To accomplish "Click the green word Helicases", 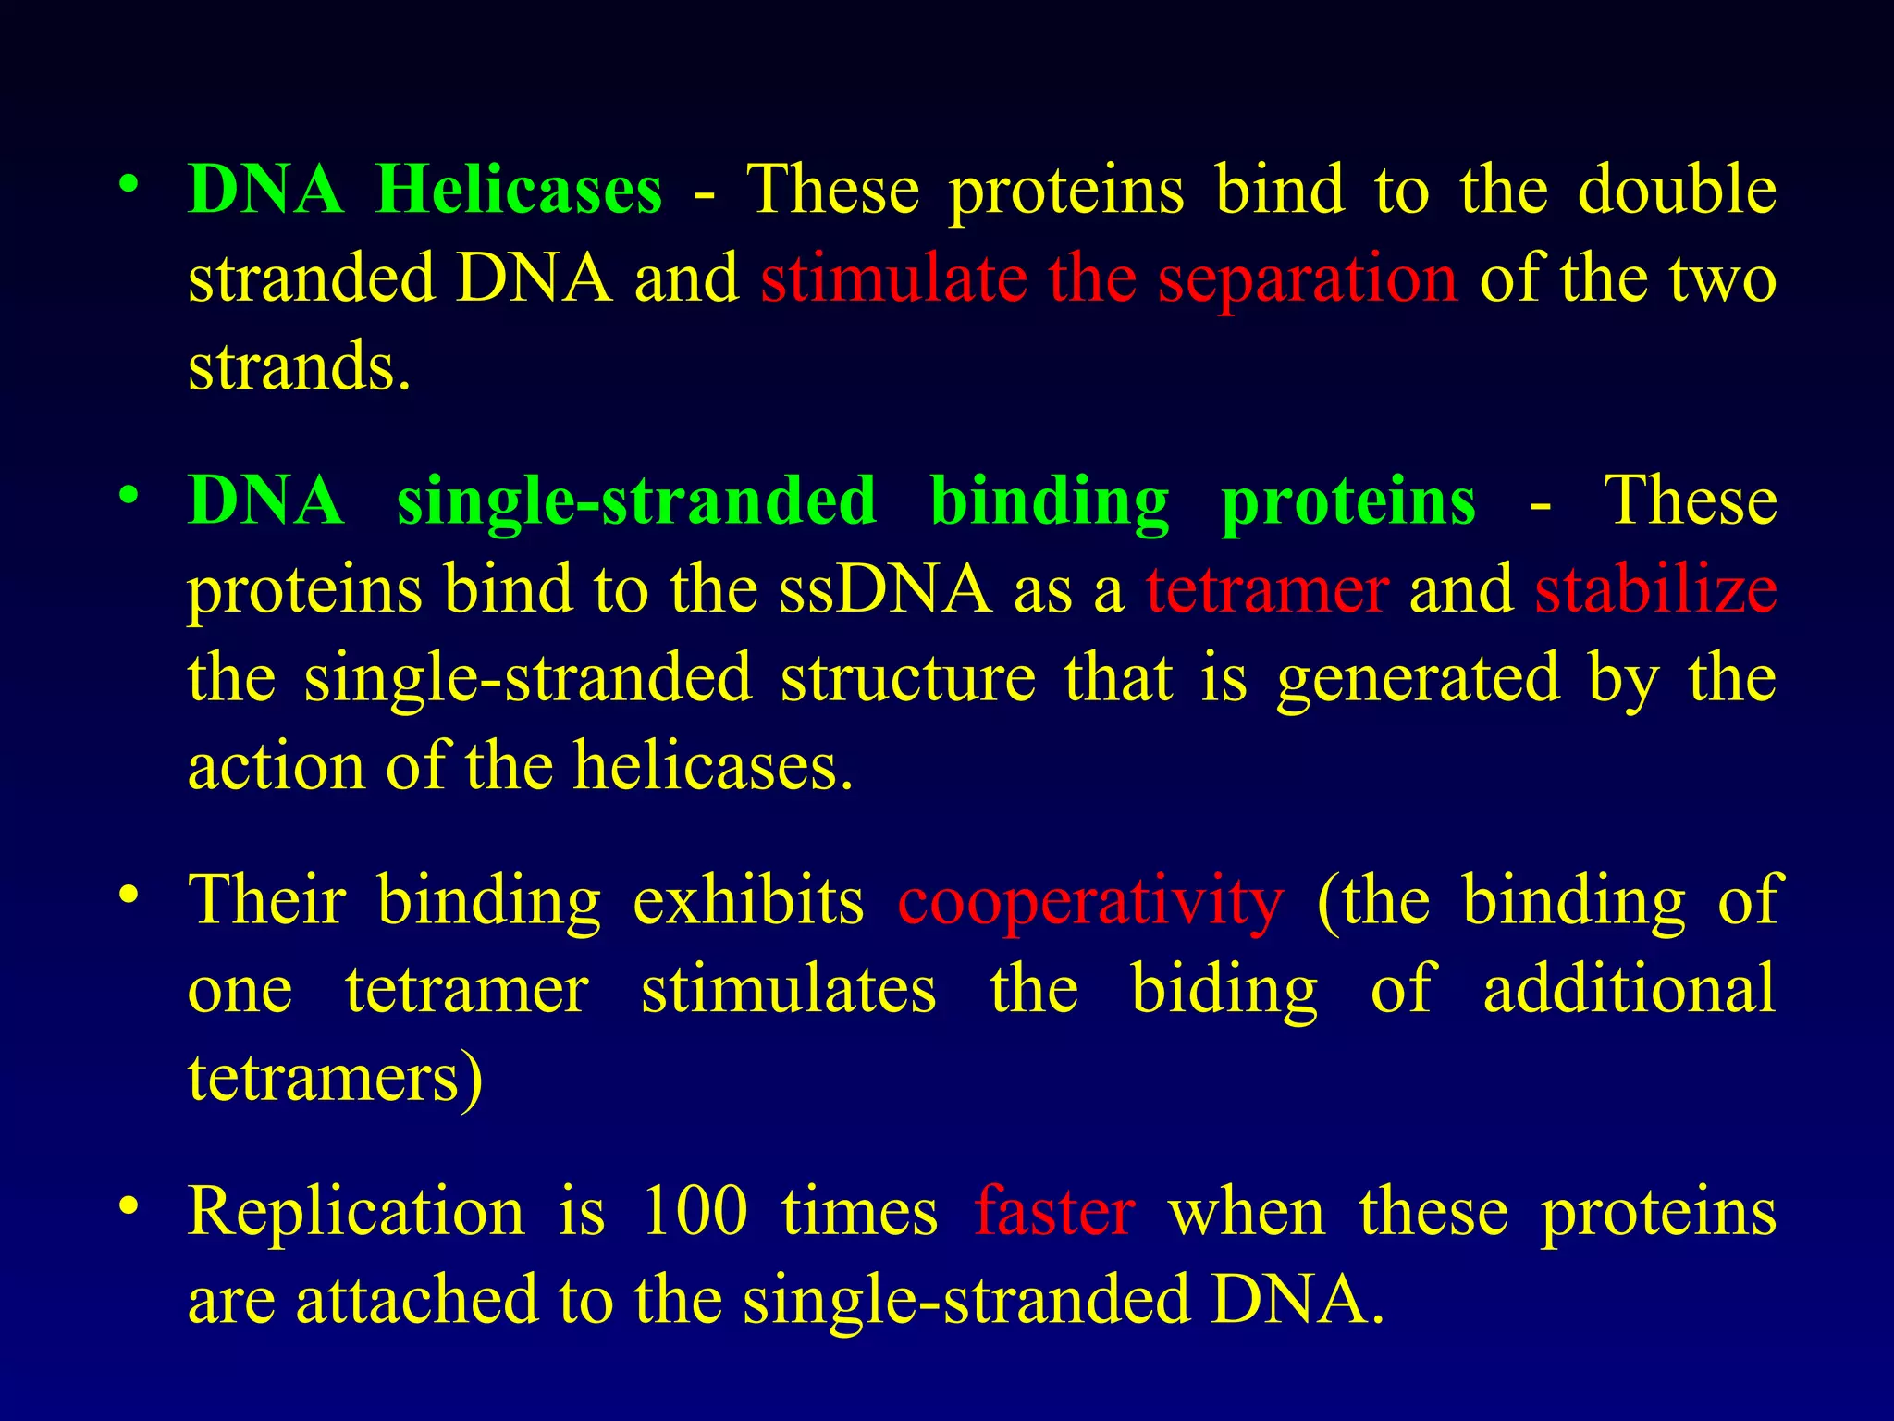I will tap(519, 191).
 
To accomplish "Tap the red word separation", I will tap(1308, 279).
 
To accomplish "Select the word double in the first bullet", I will tap(1677, 191).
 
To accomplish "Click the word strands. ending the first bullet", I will tap(299, 367).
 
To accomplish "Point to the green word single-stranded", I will tap(636, 502).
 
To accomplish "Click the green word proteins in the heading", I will tap(1348, 502).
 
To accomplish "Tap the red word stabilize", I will tap(1655, 590).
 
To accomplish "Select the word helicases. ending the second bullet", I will tap(712, 768).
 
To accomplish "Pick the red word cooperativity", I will tap(1090, 901).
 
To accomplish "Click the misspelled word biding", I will tap(1224, 991).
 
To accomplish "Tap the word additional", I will tap(1629, 989).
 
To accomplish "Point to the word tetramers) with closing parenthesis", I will tap(335, 1079).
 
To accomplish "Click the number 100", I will tap(694, 1212).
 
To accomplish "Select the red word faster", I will tap(1054, 1212).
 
